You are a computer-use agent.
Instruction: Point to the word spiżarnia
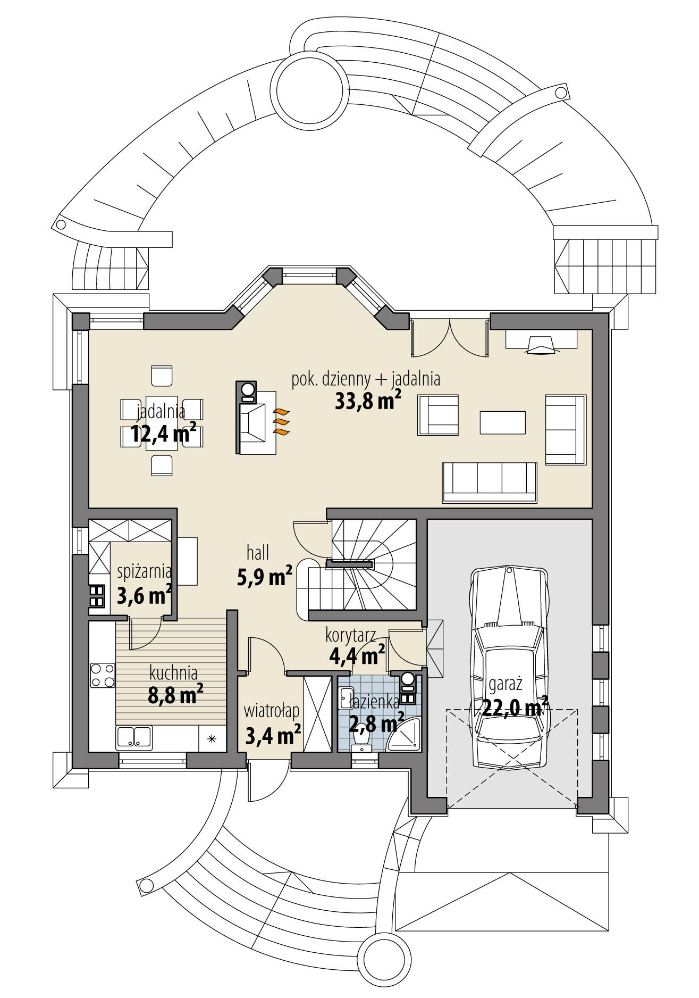[144, 572]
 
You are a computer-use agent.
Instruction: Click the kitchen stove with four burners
[102, 675]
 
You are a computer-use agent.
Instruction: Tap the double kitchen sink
[134, 738]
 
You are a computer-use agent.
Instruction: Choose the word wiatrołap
[272, 710]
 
